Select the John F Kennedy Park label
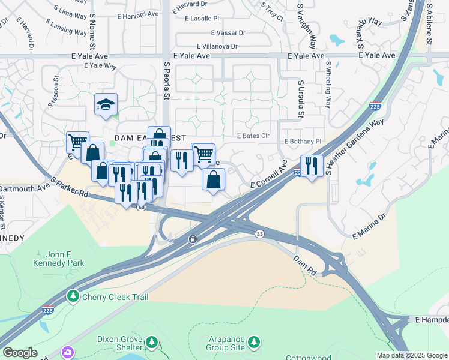point(58,259)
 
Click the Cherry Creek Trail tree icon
point(73,296)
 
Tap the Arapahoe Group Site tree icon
point(255,341)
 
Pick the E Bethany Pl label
point(303,142)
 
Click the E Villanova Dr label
point(217,46)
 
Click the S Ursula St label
point(300,99)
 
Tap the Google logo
point(20,352)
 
